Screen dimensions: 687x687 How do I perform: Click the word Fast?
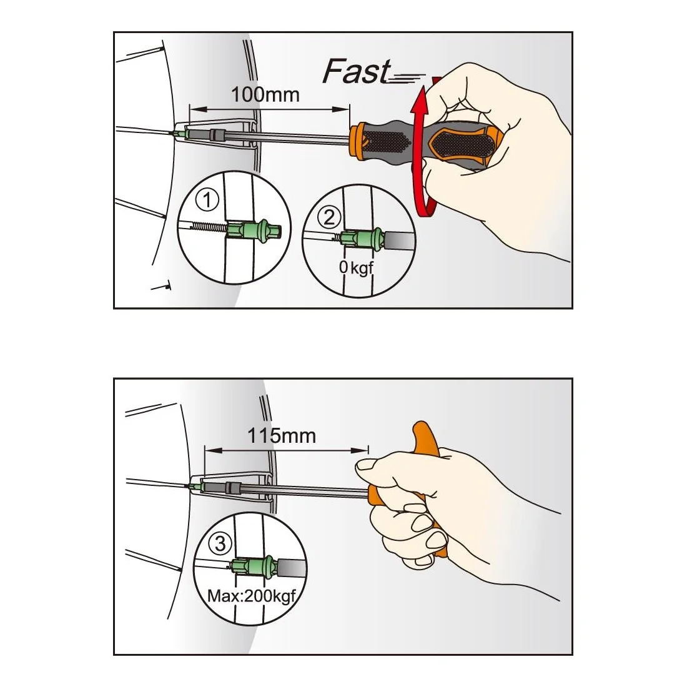[x=357, y=71]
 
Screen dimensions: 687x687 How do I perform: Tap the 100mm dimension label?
[x=265, y=95]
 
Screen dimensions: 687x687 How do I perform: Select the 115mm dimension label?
[x=282, y=435]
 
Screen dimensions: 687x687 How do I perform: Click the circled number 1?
[x=207, y=200]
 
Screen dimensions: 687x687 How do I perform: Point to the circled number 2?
[x=329, y=217]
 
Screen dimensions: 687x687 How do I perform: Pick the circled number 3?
[x=220, y=543]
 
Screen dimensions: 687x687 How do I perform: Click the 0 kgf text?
[x=356, y=267]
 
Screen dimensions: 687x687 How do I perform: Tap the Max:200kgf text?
[x=252, y=596]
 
